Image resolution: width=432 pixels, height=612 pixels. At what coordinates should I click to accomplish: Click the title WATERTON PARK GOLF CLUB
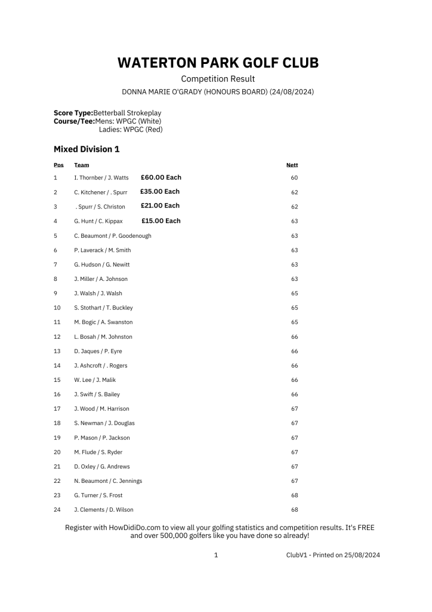[x=218, y=63]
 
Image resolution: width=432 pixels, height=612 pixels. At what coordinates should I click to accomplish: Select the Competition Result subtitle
[x=218, y=79]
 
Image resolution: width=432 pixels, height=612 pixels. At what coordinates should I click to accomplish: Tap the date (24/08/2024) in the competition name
[x=292, y=92]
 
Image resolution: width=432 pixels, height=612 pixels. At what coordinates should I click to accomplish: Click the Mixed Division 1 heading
[x=87, y=149]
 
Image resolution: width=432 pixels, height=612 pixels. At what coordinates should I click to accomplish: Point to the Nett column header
[x=292, y=165]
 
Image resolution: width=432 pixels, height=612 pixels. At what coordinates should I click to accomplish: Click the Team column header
[x=82, y=165]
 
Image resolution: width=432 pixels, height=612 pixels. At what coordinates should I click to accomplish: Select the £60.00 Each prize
[x=161, y=178]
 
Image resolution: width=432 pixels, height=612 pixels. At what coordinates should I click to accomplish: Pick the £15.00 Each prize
[x=161, y=221]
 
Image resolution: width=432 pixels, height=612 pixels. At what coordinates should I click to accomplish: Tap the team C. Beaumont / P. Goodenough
[x=112, y=236]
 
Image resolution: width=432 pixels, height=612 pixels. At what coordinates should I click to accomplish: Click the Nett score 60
[x=294, y=178]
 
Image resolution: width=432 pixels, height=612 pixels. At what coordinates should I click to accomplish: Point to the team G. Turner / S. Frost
[x=98, y=495]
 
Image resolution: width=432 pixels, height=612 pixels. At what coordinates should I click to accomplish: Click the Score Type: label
[x=73, y=113]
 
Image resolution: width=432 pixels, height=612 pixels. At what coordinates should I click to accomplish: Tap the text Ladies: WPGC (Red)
[x=131, y=129]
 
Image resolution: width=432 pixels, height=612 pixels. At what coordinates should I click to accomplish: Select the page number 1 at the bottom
[x=216, y=555]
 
